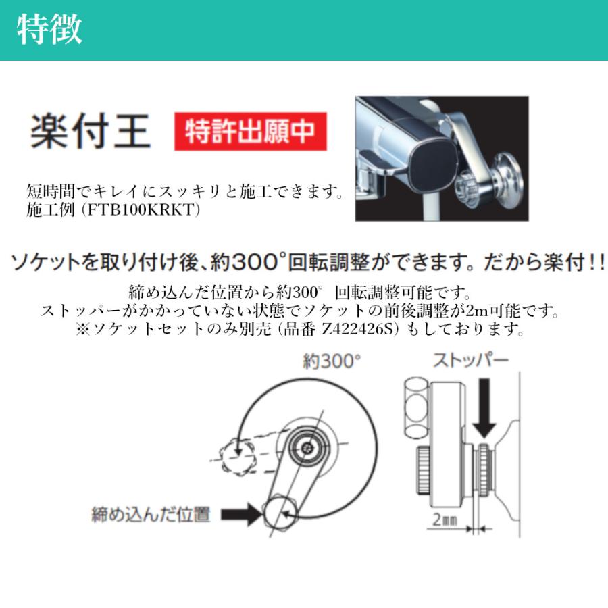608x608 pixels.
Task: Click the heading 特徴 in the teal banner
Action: pos(50,30)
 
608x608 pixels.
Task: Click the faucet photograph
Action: pos(441,159)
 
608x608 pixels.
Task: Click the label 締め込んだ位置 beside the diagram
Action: pos(151,515)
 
